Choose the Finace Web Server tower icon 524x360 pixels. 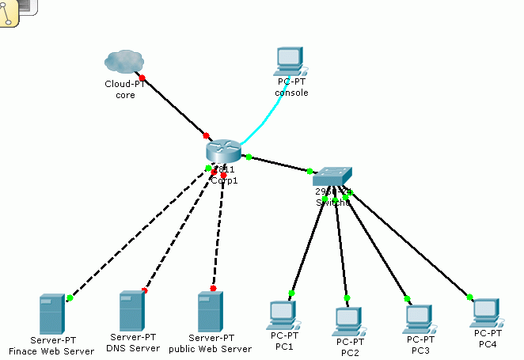pyautogui.click(x=51, y=314)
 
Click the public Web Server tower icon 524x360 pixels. pyautogui.click(x=210, y=312)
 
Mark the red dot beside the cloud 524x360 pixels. pyautogui.click(x=142, y=78)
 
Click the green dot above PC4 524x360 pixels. pyautogui.click(x=469, y=297)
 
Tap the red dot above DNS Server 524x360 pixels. pyautogui.click(x=144, y=290)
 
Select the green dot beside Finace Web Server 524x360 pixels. pyautogui.click(x=70, y=298)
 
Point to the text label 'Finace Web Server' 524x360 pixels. pyautogui.click(x=51, y=351)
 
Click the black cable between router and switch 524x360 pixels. pyautogui.click(x=279, y=164)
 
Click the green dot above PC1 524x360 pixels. pyautogui.click(x=291, y=294)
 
